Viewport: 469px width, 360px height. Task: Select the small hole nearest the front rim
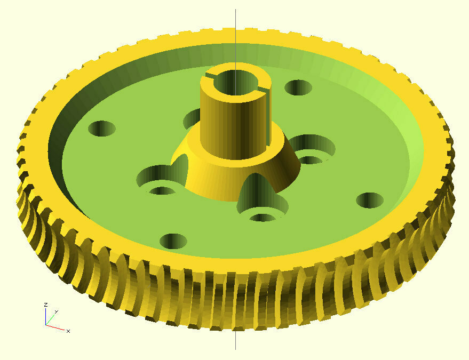(173, 241)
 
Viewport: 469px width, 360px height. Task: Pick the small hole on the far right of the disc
(369, 200)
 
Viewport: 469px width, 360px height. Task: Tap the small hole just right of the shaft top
(298, 87)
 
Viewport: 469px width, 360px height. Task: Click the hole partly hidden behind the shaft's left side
(192, 118)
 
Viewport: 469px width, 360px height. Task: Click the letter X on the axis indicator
(68, 331)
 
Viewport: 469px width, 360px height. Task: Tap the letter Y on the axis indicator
(56, 312)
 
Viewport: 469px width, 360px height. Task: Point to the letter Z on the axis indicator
(46, 305)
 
